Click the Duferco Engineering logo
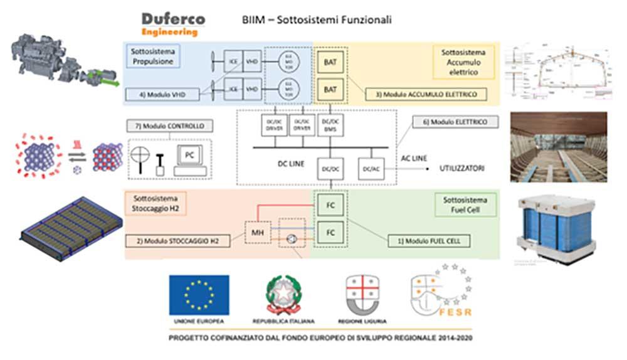[x=169, y=23]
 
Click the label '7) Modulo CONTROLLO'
[x=168, y=125]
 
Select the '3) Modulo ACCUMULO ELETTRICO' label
[x=421, y=94]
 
